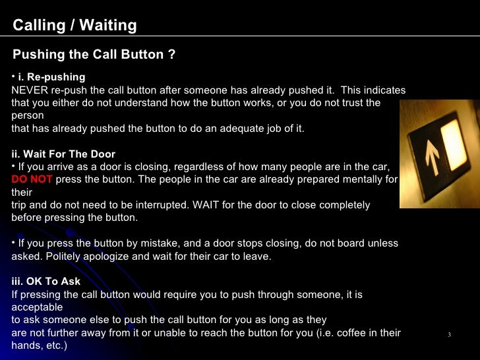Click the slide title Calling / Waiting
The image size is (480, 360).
75,26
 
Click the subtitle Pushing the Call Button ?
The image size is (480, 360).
94,54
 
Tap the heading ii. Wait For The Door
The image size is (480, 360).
63,154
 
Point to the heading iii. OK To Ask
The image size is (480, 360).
46,282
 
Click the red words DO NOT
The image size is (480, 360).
32,179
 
